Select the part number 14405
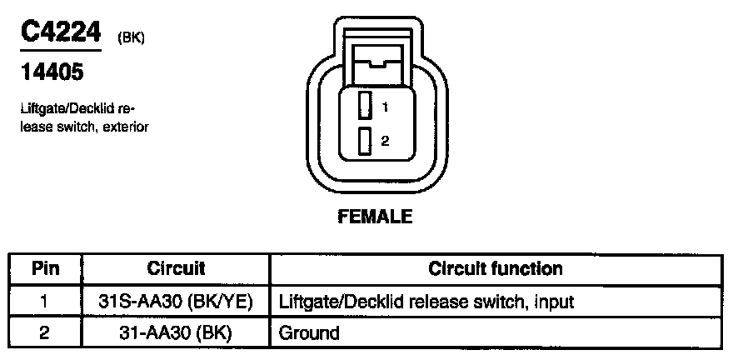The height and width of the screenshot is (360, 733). click(51, 72)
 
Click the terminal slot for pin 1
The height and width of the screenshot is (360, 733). click(364, 106)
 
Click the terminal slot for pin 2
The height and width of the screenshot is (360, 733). click(364, 142)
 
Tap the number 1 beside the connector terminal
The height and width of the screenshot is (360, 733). click(385, 107)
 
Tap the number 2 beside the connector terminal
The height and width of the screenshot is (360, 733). click(385, 142)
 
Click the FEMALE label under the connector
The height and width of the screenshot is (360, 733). click(375, 217)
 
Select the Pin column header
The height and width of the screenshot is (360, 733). click(45, 269)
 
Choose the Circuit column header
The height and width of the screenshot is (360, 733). click(176, 269)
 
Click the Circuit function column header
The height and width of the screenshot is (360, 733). click(496, 269)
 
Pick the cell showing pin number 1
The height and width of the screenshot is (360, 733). click(45, 301)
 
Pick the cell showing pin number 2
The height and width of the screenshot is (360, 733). click(45, 333)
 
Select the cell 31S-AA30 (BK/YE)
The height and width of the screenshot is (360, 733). click(176, 301)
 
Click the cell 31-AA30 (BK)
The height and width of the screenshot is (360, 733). click(176, 333)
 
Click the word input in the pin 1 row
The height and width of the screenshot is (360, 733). click(552, 301)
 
